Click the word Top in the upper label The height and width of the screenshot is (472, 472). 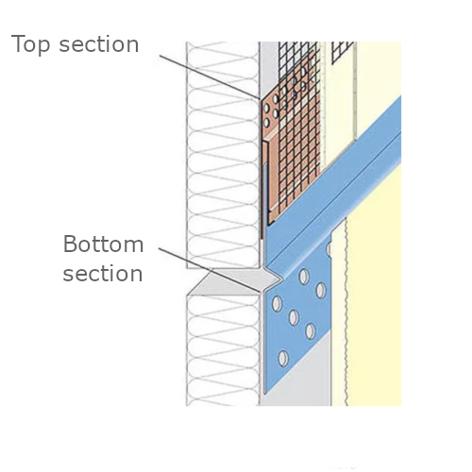click(x=32, y=43)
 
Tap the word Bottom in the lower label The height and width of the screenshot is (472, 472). click(x=103, y=245)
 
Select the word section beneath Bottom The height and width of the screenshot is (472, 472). click(x=103, y=274)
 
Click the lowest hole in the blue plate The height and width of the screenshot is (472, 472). click(x=282, y=359)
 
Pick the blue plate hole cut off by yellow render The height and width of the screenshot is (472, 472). click(x=329, y=251)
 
